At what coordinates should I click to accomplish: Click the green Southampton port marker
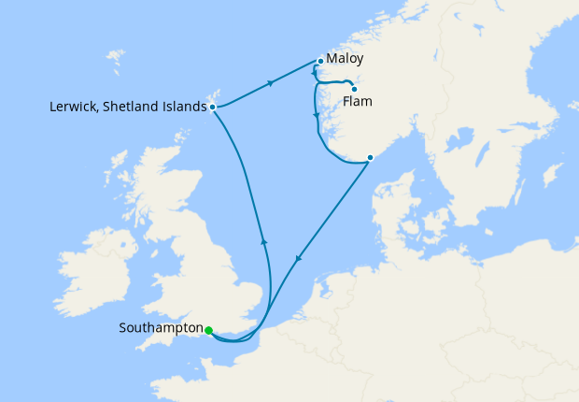pyautogui.click(x=209, y=330)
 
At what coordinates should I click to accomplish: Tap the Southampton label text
pyautogui.click(x=161, y=328)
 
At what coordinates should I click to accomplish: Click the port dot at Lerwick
pyautogui.click(x=214, y=107)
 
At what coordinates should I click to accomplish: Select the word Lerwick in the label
pyautogui.click(x=73, y=107)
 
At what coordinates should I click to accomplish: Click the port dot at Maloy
pyautogui.click(x=320, y=62)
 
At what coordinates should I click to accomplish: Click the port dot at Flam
pyautogui.click(x=354, y=89)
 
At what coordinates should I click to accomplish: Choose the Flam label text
pyautogui.click(x=360, y=101)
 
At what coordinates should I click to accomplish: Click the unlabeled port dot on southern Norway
pyautogui.click(x=370, y=157)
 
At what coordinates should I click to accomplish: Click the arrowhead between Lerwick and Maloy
pyautogui.click(x=271, y=83)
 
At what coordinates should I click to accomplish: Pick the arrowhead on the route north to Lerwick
pyautogui.click(x=264, y=242)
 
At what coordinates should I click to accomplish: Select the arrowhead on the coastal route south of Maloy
pyautogui.click(x=317, y=117)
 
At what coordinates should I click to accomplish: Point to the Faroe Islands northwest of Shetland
pyautogui.click(x=115, y=63)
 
